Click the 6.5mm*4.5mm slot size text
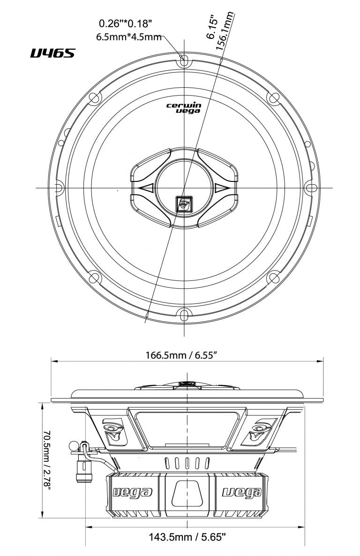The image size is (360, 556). tap(128, 37)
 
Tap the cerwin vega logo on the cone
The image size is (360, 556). tap(184, 108)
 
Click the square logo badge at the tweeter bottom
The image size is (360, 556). tap(183, 203)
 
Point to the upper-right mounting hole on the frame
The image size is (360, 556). tap(274, 98)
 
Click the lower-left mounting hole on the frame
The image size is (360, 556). tap(94, 278)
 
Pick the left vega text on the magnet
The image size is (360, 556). tap(133, 492)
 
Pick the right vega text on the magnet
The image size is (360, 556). tap(241, 492)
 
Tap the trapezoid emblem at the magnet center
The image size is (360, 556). tap(187, 492)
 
